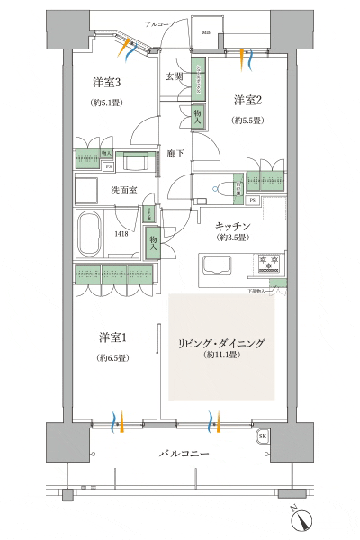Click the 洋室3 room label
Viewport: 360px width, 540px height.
tap(105, 83)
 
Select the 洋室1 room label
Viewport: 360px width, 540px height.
tap(112, 337)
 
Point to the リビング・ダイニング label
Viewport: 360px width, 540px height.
tap(220, 344)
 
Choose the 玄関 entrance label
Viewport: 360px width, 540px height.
tap(175, 77)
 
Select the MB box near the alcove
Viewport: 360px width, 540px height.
tap(205, 33)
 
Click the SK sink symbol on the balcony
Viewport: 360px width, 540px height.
tap(263, 436)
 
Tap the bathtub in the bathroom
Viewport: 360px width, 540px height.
tap(88, 235)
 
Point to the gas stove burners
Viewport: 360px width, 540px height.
tap(271, 264)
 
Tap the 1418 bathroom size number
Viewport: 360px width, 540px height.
tap(120, 234)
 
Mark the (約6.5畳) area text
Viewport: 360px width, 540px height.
tap(112, 357)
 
